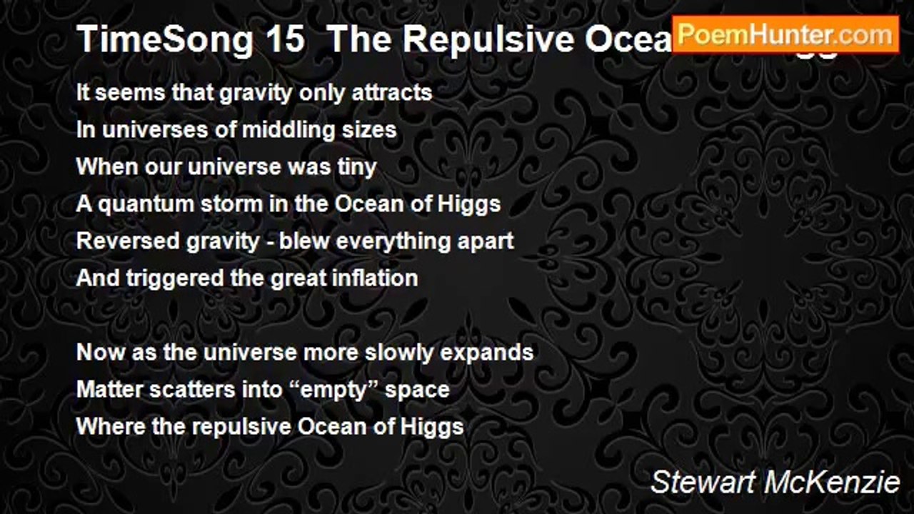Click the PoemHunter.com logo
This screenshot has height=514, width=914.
(x=785, y=34)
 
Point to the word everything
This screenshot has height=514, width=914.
(x=393, y=241)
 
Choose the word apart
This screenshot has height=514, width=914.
(x=486, y=241)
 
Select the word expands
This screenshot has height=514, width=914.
(x=493, y=353)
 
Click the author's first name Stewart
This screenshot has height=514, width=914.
(x=704, y=483)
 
